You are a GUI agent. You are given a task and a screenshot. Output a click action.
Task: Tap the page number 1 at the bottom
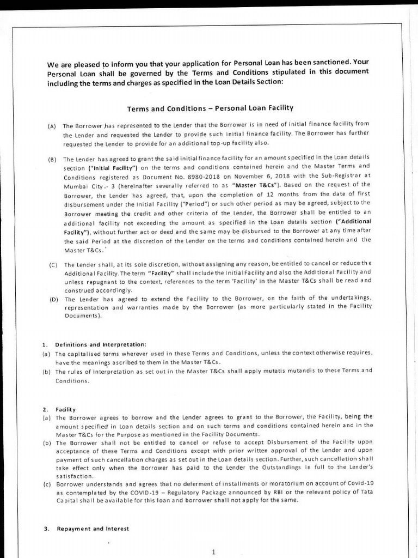pyautogui.click(x=214, y=551)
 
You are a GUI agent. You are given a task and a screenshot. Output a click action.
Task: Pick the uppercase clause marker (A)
pyautogui.click(x=52, y=126)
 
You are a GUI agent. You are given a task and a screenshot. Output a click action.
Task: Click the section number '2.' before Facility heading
pyautogui.click(x=46, y=409)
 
